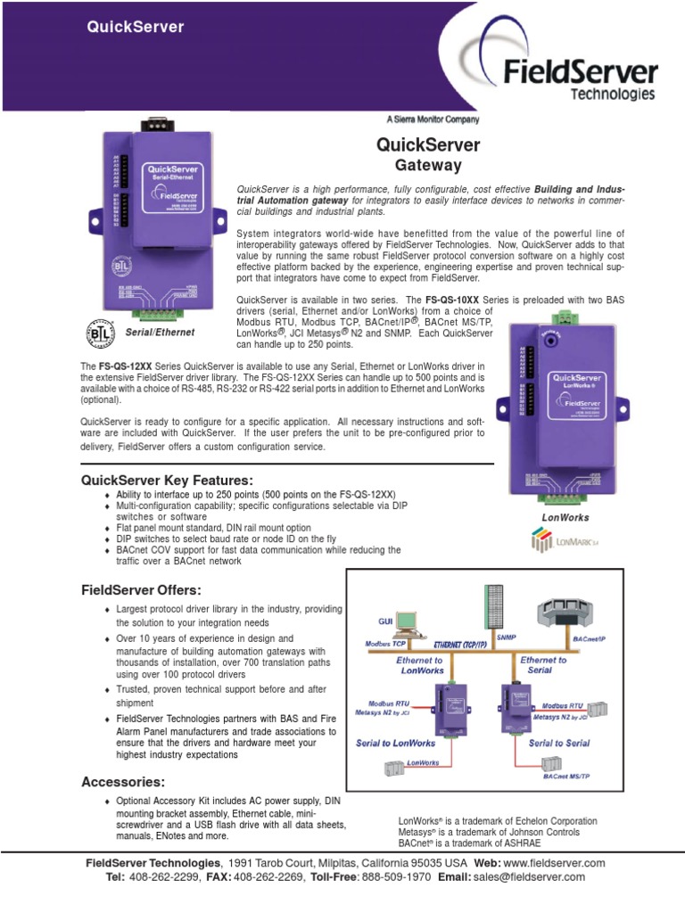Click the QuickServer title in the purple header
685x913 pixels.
135,27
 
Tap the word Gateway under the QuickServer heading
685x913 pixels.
428,165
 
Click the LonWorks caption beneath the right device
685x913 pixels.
565,517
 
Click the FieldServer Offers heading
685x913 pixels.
141,590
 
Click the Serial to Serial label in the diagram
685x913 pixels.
559,742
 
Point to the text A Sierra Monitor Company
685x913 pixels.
433,119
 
